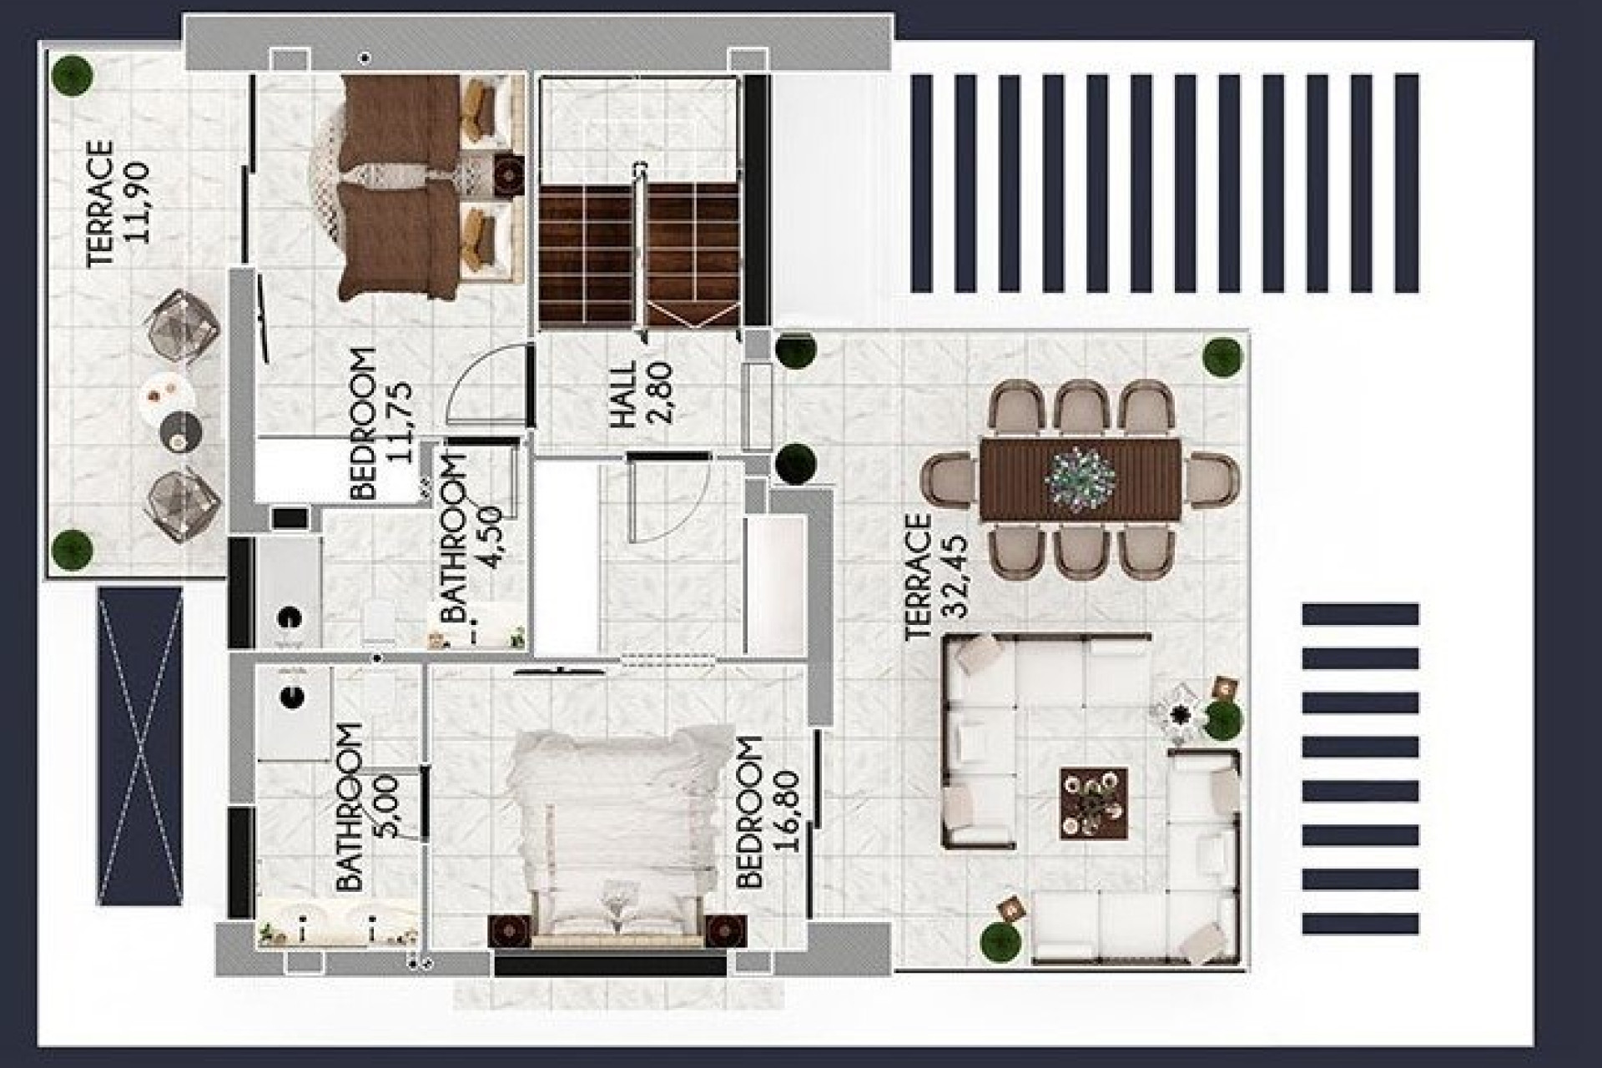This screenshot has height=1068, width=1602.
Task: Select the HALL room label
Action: point(623,395)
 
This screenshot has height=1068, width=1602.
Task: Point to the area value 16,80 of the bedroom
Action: point(787,811)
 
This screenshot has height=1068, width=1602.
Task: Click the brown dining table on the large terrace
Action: point(1080,479)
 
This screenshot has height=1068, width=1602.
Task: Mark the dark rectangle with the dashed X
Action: point(139,746)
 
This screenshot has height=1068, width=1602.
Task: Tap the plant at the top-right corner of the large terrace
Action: point(1222,357)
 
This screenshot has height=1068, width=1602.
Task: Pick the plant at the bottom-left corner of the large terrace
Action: point(1000,941)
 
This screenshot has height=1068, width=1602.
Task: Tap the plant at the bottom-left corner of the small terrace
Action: point(72,548)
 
